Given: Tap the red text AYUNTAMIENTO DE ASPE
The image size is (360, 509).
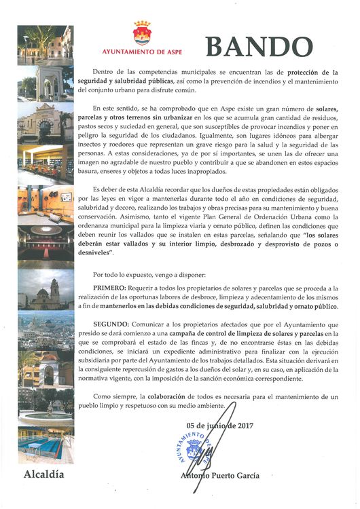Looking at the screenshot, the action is [x=142, y=52].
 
